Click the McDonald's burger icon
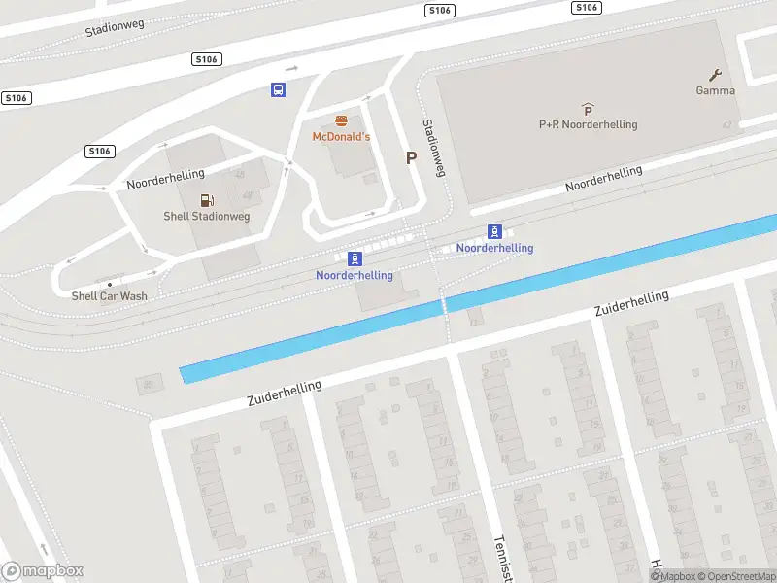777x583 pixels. (x=341, y=121)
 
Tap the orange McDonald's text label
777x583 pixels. (x=341, y=137)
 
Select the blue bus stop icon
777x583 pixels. (x=278, y=90)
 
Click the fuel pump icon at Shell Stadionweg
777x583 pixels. (x=206, y=200)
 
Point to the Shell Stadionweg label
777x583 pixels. (x=206, y=216)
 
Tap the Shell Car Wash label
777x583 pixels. (x=109, y=295)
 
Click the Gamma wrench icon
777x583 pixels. (x=716, y=76)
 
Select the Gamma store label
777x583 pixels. (x=715, y=91)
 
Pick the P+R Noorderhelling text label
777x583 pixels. (x=588, y=125)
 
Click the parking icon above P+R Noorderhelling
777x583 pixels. (x=587, y=110)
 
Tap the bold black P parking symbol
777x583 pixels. (x=411, y=158)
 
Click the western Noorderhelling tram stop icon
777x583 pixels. (x=355, y=258)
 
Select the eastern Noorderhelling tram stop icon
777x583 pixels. (x=494, y=231)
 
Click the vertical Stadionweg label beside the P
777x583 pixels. (x=433, y=148)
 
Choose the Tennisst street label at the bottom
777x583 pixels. (x=502, y=558)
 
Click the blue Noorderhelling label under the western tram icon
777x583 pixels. (x=355, y=275)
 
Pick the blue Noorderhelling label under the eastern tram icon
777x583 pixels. (x=494, y=248)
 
